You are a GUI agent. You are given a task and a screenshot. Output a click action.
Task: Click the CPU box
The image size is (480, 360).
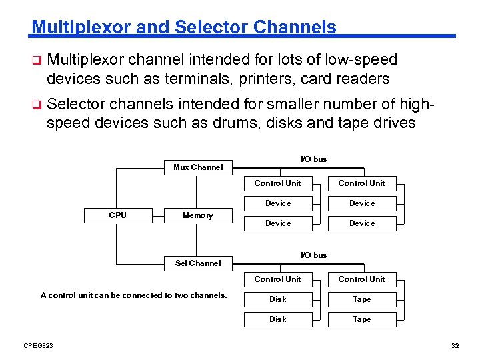click(117, 215)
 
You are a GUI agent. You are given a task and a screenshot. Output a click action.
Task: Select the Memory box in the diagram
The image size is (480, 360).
click(198, 215)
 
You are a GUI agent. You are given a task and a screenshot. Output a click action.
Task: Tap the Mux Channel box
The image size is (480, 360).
click(198, 167)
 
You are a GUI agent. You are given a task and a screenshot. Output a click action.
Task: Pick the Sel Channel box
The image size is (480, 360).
click(198, 263)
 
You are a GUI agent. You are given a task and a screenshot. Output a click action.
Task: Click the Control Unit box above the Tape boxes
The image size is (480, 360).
click(361, 279)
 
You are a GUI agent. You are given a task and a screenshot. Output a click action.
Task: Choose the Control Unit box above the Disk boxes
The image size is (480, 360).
click(277, 279)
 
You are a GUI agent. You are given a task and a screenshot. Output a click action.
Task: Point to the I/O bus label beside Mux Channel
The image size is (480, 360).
click(314, 159)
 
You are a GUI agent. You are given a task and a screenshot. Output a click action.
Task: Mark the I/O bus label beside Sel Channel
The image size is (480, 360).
click(314, 255)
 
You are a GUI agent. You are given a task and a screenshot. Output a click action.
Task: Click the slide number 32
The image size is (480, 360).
click(455, 345)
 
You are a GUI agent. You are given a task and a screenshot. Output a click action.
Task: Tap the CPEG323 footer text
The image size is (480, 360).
click(39, 345)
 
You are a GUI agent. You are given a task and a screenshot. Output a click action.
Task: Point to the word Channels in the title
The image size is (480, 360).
click(295, 27)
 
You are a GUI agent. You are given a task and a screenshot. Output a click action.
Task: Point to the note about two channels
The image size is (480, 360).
click(133, 295)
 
